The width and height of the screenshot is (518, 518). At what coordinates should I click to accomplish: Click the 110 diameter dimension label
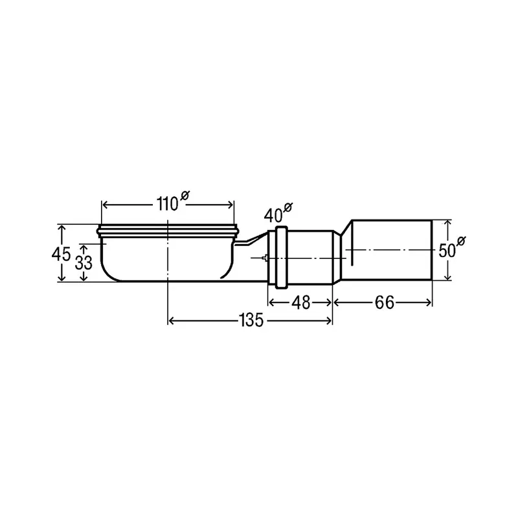[173, 201]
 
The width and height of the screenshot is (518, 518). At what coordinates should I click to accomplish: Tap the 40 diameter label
[278, 213]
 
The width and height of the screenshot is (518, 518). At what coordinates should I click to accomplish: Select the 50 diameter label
[451, 247]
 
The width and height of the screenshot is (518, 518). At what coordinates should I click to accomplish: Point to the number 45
[61, 254]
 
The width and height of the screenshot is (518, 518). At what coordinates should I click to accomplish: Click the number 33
[84, 263]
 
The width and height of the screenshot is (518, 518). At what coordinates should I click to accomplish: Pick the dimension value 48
[301, 302]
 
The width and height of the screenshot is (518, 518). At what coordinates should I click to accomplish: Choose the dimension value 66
[385, 302]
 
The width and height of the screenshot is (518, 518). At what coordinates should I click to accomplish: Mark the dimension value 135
[251, 320]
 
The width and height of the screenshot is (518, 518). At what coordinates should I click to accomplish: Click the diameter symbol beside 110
[185, 196]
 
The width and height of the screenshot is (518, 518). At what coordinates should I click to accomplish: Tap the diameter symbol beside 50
[461, 240]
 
